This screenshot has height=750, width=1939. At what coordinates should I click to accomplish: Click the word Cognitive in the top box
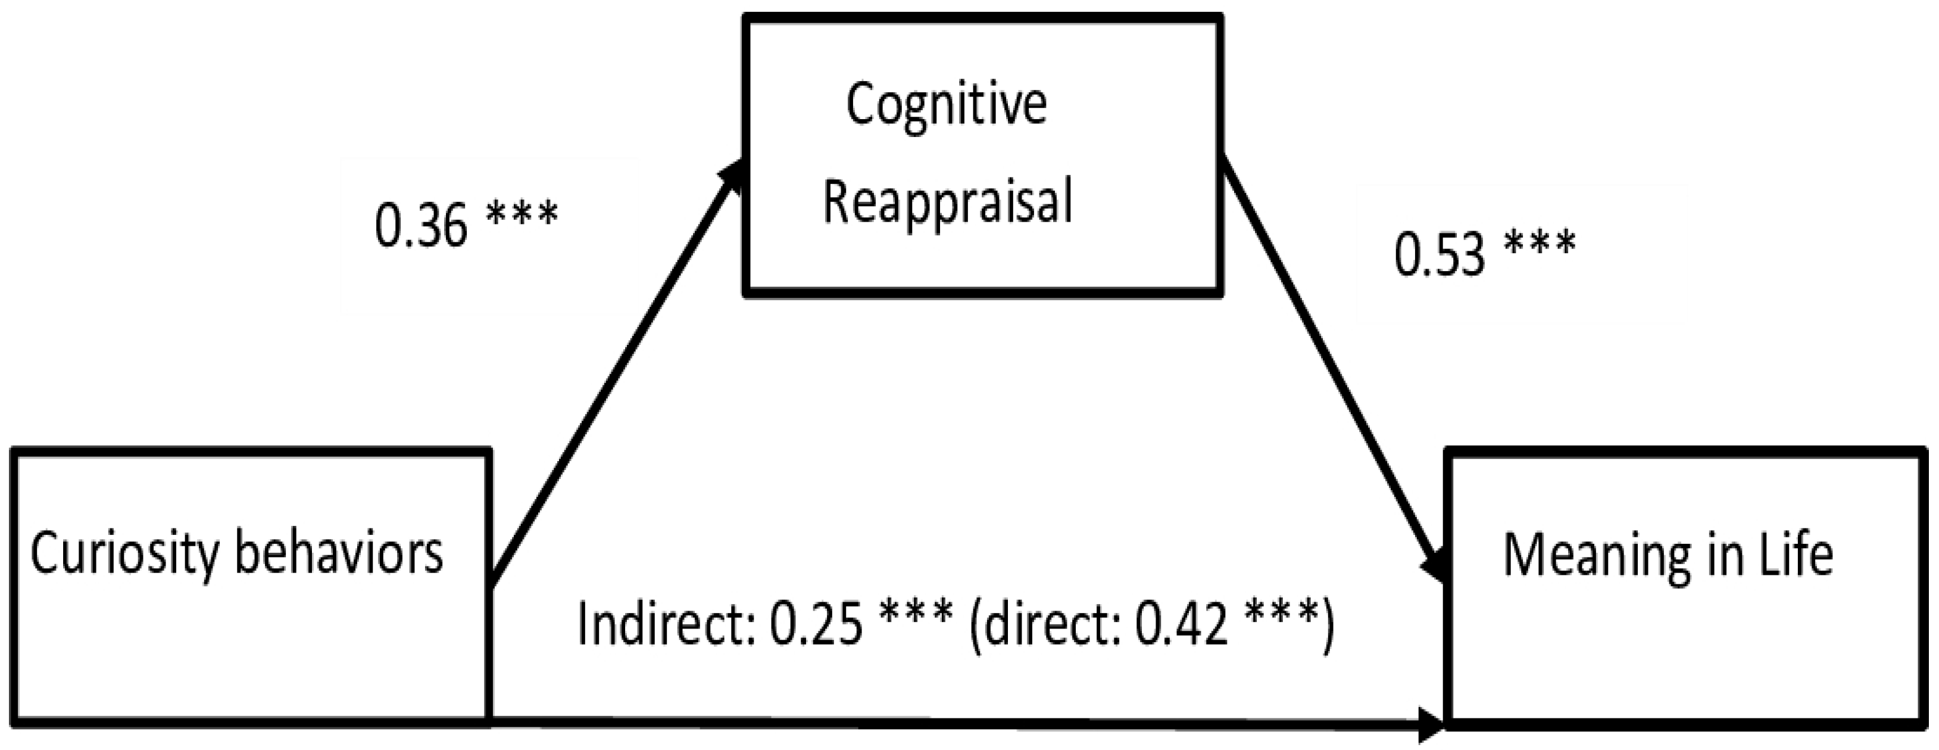coord(946,106)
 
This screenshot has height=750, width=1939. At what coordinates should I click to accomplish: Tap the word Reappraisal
coord(948,202)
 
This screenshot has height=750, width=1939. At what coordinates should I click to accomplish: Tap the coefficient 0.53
coord(1438,254)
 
